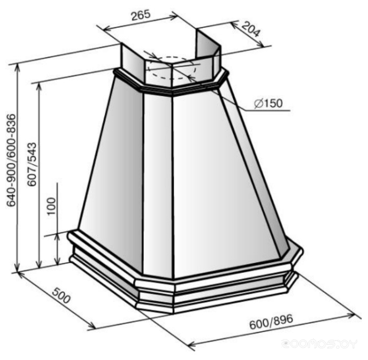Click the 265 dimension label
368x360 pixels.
(x=141, y=15)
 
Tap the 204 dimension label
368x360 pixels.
(x=251, y=29)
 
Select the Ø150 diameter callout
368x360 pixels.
(x=268, y=104)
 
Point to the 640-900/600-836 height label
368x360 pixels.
(x=11, y=160)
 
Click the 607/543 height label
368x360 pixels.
(x=32, y=164)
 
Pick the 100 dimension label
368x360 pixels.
(x=51, y=207)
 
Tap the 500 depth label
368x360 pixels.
(x=61, y=295)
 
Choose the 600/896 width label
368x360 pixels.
(x=271, y=322)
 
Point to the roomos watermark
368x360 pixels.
(x=319, y=344)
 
